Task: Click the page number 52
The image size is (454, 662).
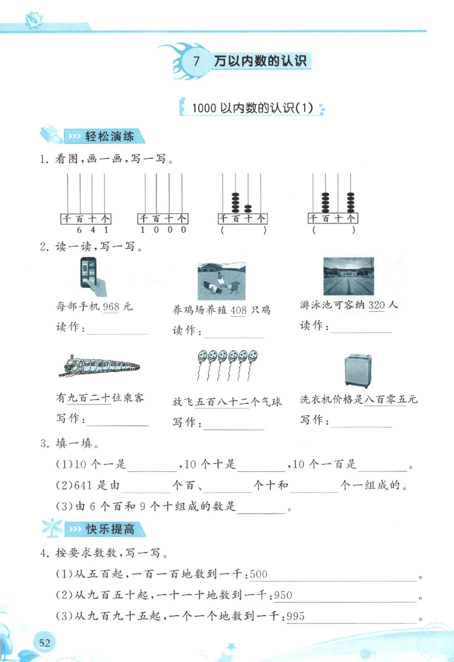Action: pos(44,642)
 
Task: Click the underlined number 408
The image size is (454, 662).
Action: pos(239,310)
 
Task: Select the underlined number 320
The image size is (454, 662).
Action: pos(377,305)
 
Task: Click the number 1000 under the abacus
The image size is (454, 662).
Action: pos(163,230)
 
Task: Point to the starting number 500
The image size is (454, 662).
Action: pos(258,575)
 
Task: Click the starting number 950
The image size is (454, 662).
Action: pos(283,596)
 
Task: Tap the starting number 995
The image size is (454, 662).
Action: pos(296,617)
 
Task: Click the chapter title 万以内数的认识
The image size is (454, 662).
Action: pos(260,61)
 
